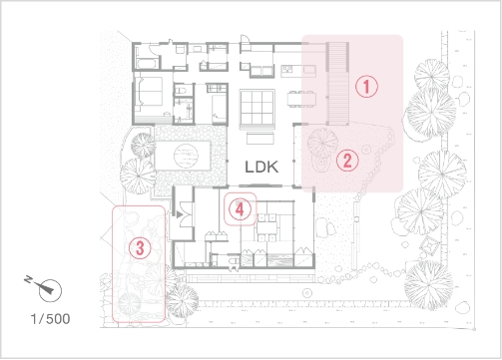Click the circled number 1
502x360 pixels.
click(366, 87)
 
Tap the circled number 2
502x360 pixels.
click(347, 161)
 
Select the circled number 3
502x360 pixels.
click(140, 248)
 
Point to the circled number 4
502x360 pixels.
click(240, 209)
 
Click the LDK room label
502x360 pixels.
click(261, 167)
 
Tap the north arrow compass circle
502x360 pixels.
click(50, 290)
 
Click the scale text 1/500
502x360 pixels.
click(50, 319)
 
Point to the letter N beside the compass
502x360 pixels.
click(29, 280)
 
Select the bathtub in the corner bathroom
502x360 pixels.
click(147, 64)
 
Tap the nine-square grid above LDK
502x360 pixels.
click(257, 107)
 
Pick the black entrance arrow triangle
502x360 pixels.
click(180, 214)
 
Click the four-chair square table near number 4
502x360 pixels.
click(266, 227)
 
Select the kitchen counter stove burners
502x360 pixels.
click(287, 69)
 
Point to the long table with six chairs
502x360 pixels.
click(301, 99)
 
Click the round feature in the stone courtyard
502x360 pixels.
click(186, 156)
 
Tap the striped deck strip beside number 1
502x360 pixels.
click(338, 83)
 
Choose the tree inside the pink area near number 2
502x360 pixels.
click(322, 143)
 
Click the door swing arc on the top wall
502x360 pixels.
click(244, 38)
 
